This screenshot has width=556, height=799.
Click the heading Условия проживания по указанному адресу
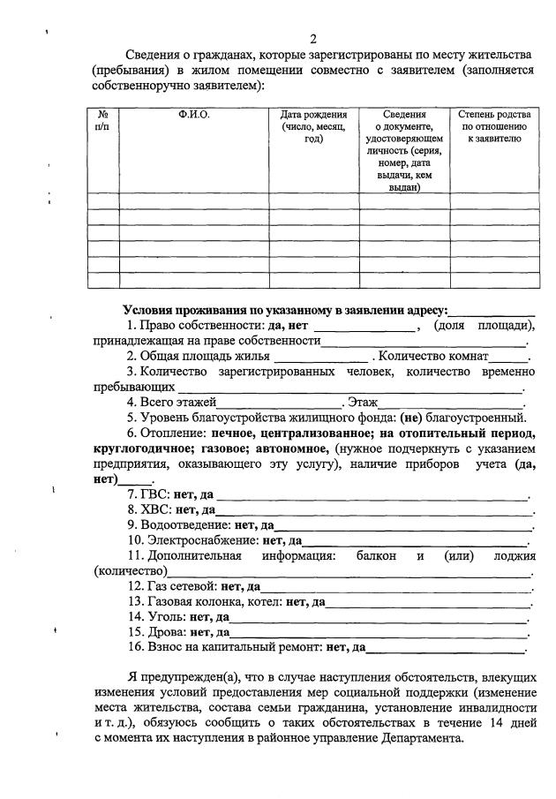(285, 310)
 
